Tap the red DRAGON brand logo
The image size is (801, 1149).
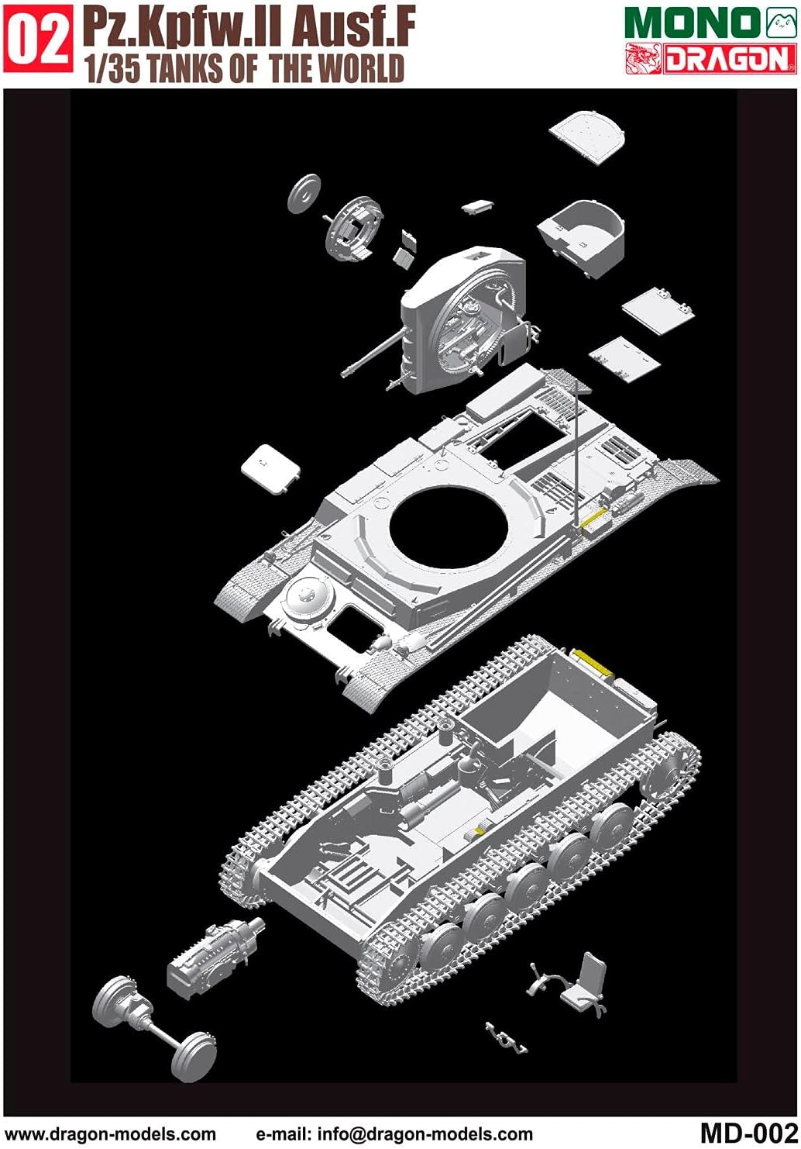[710, 59]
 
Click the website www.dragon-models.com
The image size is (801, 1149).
[110, 1134]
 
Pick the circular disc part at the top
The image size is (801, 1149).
[304, 194]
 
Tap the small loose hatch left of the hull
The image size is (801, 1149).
[270, 468]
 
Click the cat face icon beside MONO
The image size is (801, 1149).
[781, 22]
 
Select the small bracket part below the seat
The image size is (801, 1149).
[507, 1037]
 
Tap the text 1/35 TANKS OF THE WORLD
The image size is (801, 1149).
[245, 69]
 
